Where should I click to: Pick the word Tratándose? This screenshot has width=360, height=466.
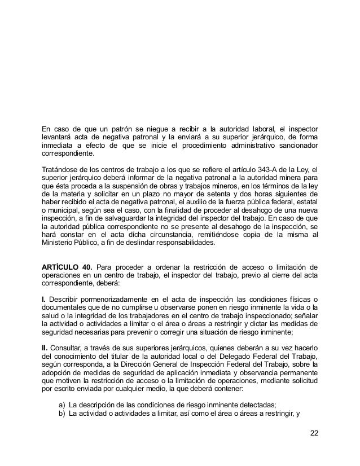[x=62, y=168]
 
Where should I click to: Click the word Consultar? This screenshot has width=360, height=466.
[x=69, y=346]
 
